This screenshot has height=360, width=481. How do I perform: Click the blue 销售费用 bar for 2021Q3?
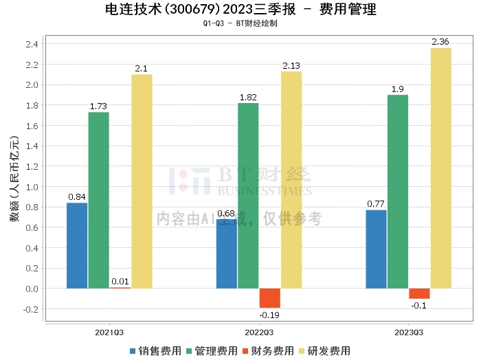pyautogui.click(x=77, y=246)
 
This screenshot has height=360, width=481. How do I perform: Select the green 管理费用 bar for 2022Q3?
pyautogui.click(x=248, y=196)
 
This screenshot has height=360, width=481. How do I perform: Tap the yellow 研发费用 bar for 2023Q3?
pyautogui.click(x=441, y=168)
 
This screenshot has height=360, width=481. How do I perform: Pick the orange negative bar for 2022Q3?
pyautogui.click(x=270, y=298)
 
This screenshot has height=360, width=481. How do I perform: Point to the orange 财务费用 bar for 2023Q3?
pyautogui.click(x=419, y=293)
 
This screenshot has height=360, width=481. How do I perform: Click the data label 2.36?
pyautogui.click(x=440, y=42)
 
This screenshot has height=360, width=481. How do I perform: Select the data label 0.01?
pyautogui.click(x=120, y=282)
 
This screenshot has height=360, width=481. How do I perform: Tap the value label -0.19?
pyautogui.click(x=269, y=315)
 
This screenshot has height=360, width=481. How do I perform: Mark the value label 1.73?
pyautogui.click(x=98, y=106)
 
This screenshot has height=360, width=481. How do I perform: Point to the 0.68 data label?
pyautogui.click(x=226, y=214)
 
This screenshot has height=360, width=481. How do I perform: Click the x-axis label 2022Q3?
pyautogui.click(x=259, y=333)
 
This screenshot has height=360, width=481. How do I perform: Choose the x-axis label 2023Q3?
pyautogui.click(x=409, y=333)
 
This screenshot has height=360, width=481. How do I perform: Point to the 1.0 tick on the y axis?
pyautogui.click(x=32, y=187)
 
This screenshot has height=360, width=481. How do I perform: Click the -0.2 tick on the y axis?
pyautogui.click(x=31, y=309)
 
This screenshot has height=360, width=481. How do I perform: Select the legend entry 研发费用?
pyautogui.click(x=325, y=351)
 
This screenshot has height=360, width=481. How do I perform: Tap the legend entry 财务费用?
pyautogui.click(x=269, y=351)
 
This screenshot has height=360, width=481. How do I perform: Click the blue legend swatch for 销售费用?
pyautogui.click(x=133, y=351)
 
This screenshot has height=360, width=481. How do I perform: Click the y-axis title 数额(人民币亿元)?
pyautogui.click(x=14, y=179)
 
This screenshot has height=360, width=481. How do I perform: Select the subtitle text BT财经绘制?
pyautogui.click(x=257, y=23)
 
